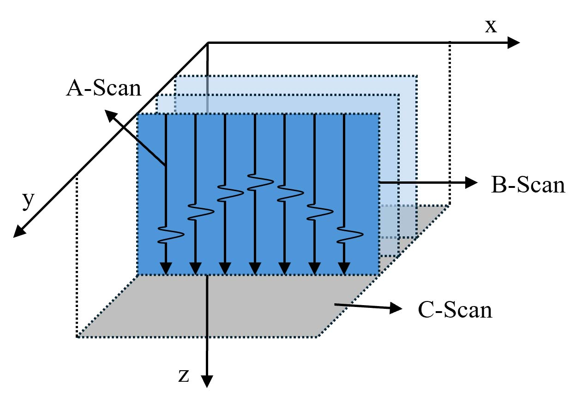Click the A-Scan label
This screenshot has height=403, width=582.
pos(103,88)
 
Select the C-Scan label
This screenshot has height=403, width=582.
pos(455,310)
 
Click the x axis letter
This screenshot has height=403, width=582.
pos(491,27)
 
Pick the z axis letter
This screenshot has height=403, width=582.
pos(184,376)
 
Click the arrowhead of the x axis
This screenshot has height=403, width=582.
pos(513,43)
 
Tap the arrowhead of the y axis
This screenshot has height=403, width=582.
pos(19,232)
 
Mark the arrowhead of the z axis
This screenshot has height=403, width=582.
pos(208,380)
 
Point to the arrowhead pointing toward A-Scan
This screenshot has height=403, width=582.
pos(111,116)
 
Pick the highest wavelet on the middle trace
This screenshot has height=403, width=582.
pos(261,181)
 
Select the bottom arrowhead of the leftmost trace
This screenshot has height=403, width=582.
pos(166,268)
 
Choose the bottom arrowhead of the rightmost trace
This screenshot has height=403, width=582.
pos(344,268)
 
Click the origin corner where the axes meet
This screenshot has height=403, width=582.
pos(208,43)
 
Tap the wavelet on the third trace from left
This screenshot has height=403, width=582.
pos(231,192)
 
